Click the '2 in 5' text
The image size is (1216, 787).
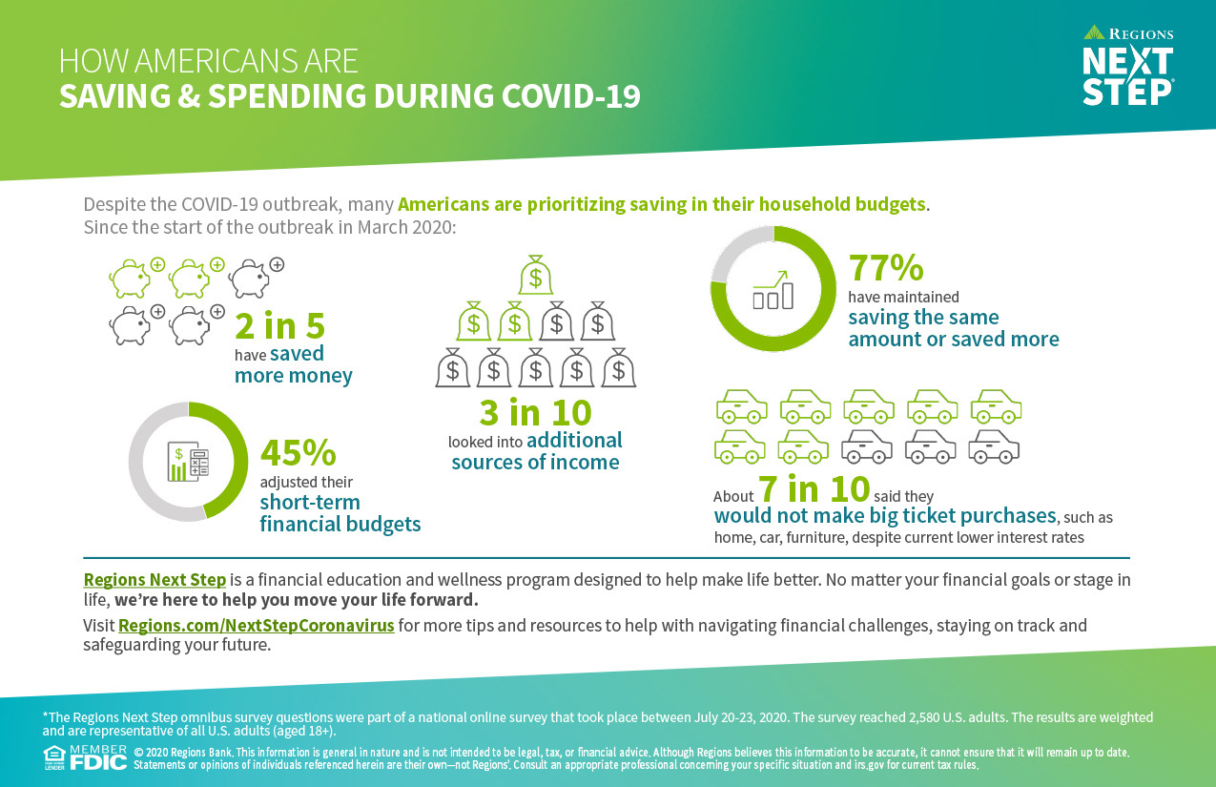280,326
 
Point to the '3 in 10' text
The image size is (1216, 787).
535,413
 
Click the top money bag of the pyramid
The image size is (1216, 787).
535,276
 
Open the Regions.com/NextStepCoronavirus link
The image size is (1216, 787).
256,627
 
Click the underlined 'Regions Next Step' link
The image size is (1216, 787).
155,580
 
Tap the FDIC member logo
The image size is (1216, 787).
98,759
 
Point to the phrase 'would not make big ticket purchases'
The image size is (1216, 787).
885,516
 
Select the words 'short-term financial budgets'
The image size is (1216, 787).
340,513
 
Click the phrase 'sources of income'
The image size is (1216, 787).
535,463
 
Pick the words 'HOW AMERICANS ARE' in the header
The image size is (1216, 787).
208,61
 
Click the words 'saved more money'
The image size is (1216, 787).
294,364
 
